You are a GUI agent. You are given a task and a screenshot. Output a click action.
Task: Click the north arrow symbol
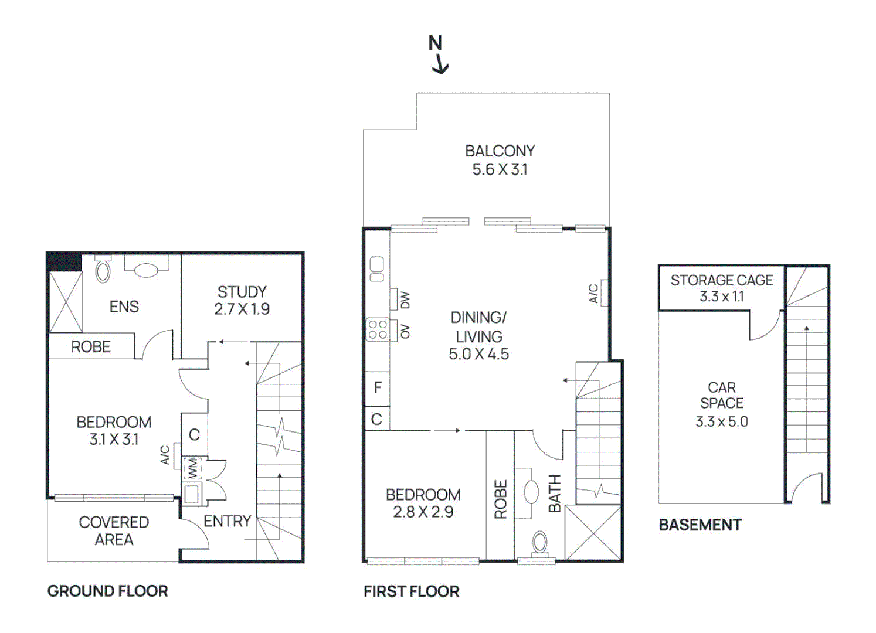[x=438, y=55]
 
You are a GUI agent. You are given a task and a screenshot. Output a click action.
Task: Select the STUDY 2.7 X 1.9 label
[x=242, y=300]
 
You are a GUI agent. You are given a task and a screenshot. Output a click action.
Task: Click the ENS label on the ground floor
[x=124, y=307]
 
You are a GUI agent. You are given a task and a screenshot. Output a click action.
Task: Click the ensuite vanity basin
[x=146, y=270]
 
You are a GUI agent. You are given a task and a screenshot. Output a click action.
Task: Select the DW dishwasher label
[x=405, y=300]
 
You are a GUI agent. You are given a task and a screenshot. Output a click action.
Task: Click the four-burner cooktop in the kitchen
[x=378, y=329]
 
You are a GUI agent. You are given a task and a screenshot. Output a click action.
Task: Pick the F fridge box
[x=378, y=387]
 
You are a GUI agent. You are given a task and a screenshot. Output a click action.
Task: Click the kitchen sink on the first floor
[x=377, y=269]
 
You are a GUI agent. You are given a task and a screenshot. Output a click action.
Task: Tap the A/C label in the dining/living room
[x=594, y=293]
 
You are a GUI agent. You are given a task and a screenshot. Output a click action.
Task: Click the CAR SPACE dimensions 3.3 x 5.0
[x=721, y=421]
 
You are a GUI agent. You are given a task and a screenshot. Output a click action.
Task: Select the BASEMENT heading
[x=700, y=525]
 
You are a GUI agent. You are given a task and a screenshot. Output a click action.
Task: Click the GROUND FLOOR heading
[x=107, y=591]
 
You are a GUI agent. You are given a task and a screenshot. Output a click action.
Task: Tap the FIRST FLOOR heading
[x=411, y=591]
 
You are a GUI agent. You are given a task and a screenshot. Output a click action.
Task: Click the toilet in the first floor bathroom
[x=539, y=543]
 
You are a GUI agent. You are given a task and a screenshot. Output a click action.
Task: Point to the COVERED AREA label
[x=114, y=530]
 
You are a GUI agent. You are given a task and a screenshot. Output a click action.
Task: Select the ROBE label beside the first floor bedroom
[x=500, y=499]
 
